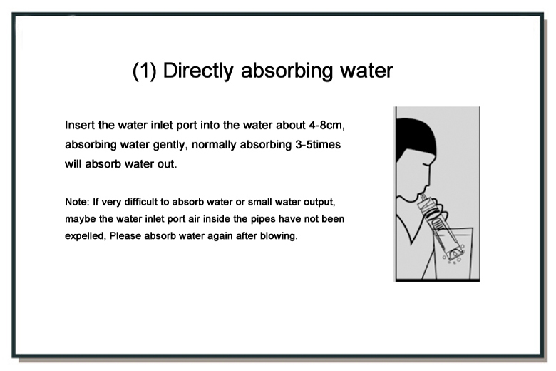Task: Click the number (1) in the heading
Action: coord(144,71)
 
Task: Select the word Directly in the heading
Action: coord(198,71)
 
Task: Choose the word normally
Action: coord(214,145)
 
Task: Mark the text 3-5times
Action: coord(318,145)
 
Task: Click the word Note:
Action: coord(77,202)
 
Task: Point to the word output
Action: coord(319,202)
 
